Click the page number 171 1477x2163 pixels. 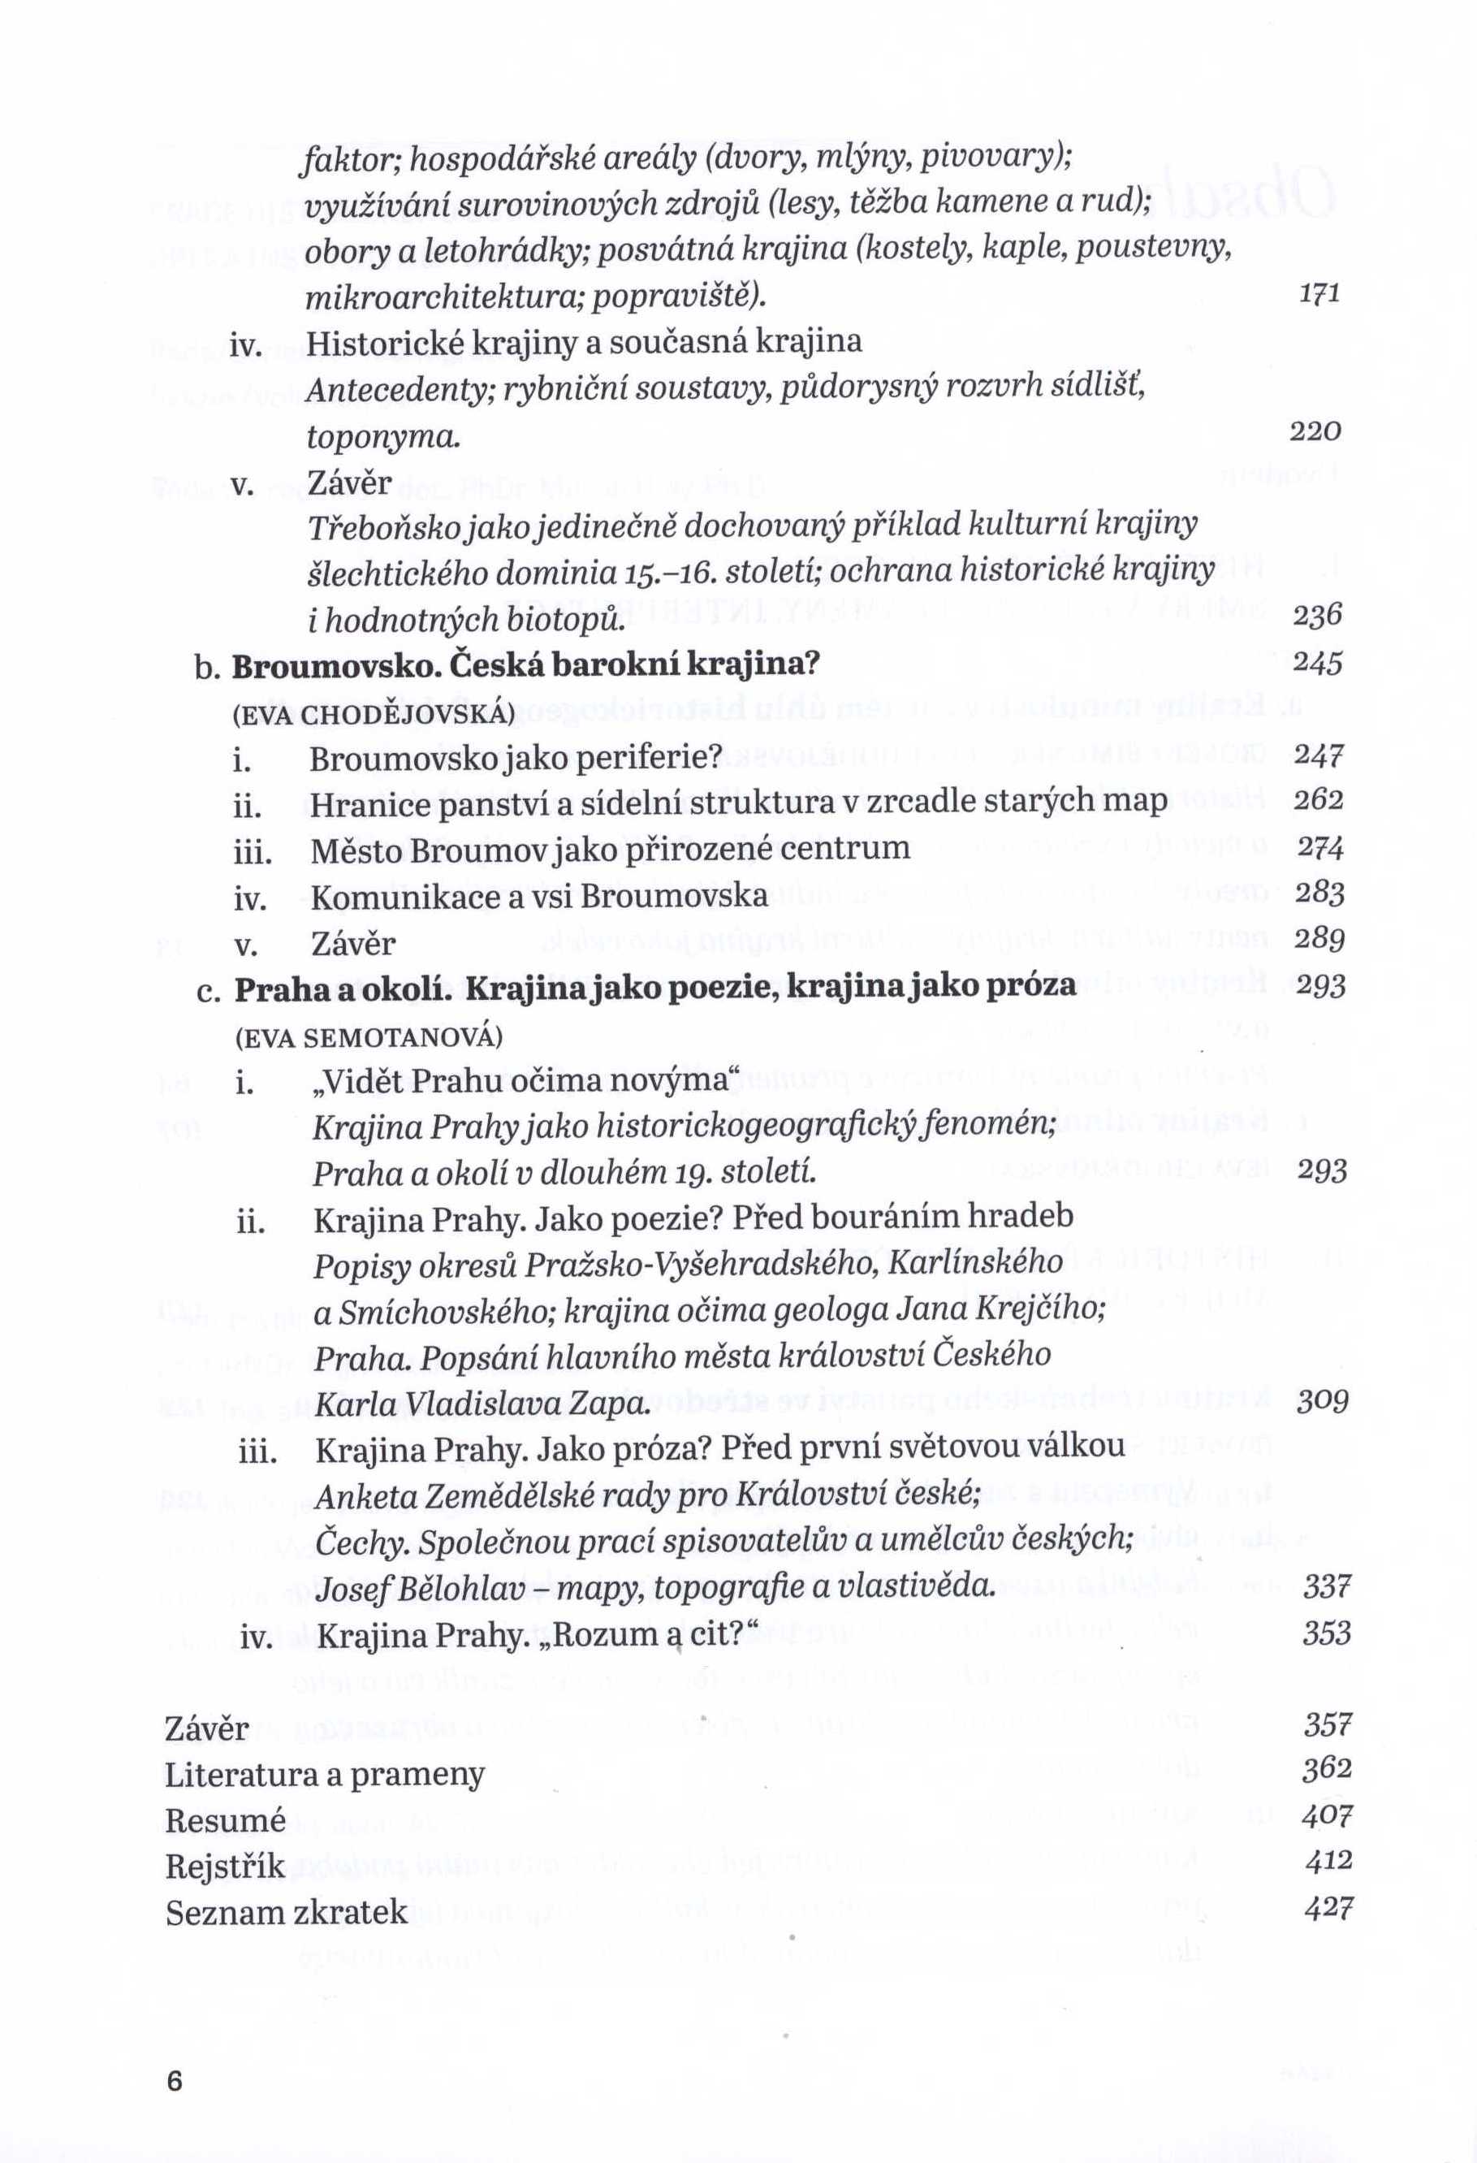click(x=1319, y=294)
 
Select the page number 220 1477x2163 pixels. click(x=1316, y=432)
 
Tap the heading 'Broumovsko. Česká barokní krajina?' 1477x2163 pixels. click(x=525, y=665)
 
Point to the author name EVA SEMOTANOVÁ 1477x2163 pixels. click(x=369, y=1036)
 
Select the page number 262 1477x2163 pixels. click(x=1319, y=800)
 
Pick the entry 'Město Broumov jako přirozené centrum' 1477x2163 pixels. click(x=610, y=849)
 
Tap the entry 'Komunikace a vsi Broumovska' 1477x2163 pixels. click(x=540, y=895)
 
